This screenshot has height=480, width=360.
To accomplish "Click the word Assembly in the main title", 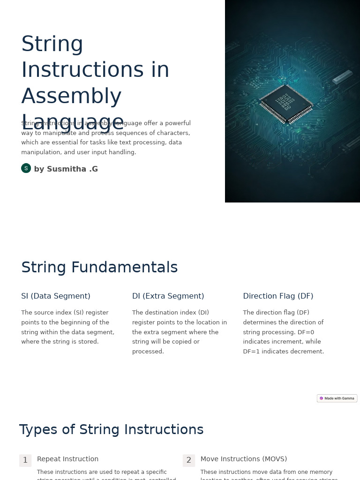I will tap(71, 97).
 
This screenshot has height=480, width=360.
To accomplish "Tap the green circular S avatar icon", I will tap(26, 168).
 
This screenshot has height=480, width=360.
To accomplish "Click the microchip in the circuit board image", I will tap(286, 104).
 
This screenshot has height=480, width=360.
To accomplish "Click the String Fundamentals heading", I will tap(99, 268).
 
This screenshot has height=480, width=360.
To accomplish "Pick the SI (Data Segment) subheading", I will tap(56, 296).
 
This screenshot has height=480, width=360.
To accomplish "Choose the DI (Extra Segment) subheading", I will tap(168, 296).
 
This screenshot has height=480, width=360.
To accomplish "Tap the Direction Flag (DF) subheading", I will tap(278, 296).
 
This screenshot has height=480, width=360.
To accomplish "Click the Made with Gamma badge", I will tap(337, 398).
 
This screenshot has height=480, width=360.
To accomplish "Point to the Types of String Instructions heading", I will tap(111, 430).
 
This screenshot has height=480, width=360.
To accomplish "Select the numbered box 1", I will tap(25, 460).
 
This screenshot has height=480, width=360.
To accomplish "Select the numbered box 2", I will tap(189, 460).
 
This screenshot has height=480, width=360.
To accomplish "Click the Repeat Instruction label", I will tap(67, 459).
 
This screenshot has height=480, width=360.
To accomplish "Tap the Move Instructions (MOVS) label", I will tap(244, 459).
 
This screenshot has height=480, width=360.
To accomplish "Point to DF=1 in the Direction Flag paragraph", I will tap(253, 352).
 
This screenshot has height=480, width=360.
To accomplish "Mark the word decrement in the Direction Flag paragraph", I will tap(306, 352).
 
